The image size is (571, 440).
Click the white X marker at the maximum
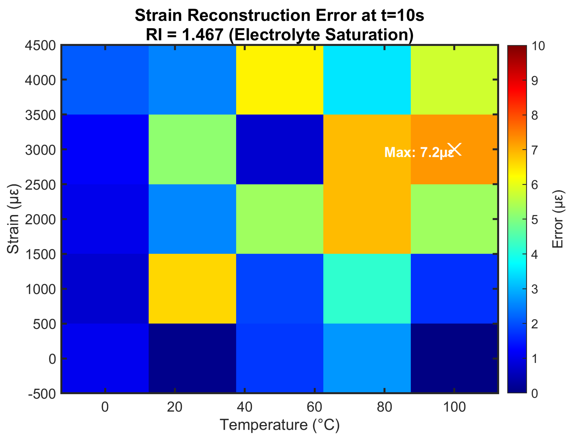[x=454, y=149]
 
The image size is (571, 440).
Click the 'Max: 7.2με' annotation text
[x=418, y=152]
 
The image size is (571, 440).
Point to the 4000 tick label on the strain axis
[x=40, y=80]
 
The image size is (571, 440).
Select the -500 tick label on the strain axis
[x=42, y=393]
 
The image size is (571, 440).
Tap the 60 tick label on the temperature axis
[x=314, y=407]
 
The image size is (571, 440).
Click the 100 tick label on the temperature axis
[x=454, y=407]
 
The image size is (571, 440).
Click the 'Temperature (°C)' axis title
[x=280, y=425]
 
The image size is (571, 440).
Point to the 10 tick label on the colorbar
[x=538, y=46]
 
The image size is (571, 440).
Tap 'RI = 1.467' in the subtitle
[x=184, y=34]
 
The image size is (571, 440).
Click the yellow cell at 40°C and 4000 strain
[x=279, y=80]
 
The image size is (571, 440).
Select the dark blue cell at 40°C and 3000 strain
[x=279, y=149]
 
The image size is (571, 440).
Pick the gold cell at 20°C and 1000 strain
[x=192, y=289]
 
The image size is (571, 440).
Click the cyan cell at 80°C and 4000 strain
[x=367, y=80]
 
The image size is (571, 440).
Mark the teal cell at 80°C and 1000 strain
[x=367, y=289]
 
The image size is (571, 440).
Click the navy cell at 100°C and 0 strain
[x=454, y=358]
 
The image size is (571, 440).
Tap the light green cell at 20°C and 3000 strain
[x=192, y=149]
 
